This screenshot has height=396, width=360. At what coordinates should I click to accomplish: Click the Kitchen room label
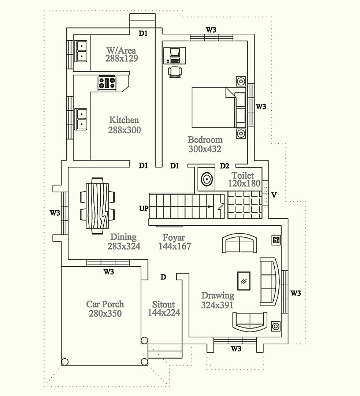pyautogui.click(x=124, y=120)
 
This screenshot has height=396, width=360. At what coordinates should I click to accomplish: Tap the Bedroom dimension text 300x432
pyautogui.click(x=205, y=149)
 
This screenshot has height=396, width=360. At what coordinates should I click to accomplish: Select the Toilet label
pyautogui.click(x=243, y=175)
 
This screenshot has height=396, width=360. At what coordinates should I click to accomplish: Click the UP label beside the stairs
pyautogui.click(x=144, y=208)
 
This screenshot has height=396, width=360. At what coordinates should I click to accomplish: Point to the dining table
pyautogui.click(x=97, y=206)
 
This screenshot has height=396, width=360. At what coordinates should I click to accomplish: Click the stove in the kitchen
pyautogui.click(x=107, y=83)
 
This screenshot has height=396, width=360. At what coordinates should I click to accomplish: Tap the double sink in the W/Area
pyautogui.click(x=81, y=51)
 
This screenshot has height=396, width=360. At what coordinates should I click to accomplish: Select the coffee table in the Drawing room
pyautogui.click(x=244, y=281)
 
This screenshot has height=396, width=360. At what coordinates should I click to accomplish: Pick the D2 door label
pyautogui.click(x=224, y=166)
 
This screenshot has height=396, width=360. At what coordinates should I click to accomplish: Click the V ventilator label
pyautogui.click(x=274, y=195)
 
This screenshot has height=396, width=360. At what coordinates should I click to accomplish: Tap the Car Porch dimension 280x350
pyautogui.click(x=105, y=314)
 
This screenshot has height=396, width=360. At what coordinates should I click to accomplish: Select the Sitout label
pyautogui.click(x=163, y=304)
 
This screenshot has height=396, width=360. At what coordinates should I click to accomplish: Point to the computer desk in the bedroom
pyautogui.click(x=175, y=56)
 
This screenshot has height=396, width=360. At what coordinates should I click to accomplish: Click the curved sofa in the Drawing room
pyautogui.click(x=270, y=282)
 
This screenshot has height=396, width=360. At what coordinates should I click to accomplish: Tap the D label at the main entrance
pyautogui.click(x=163, y=277)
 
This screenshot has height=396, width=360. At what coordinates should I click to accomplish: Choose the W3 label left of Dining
pyautogui.click(x=55, y=213)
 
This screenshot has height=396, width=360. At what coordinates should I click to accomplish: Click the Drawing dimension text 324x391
pyautogui.click(x=217, y=305)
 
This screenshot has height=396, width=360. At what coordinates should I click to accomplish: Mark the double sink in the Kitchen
pyautogui.click(x=81, y=119)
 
